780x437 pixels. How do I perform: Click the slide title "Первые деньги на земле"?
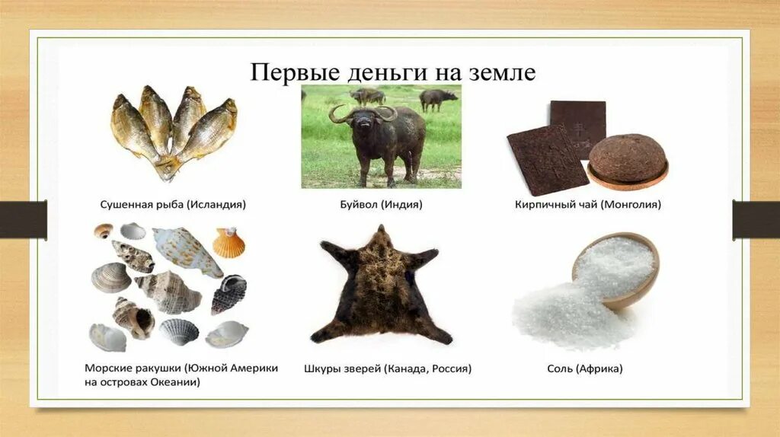[394, 73]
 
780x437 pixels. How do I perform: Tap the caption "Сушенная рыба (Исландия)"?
[174, 205]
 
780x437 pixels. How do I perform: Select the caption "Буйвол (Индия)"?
[381, 205]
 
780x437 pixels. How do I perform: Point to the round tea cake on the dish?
[627, 158]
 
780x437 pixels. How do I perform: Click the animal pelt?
[381, 289]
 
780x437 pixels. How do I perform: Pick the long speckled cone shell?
[187, 251]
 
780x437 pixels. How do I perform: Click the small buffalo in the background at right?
[438, 97]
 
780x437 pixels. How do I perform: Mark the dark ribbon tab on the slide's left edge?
[23, 219]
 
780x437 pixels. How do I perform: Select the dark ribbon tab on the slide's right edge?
[756, 219]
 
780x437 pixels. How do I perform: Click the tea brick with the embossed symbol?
[579, 126]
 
